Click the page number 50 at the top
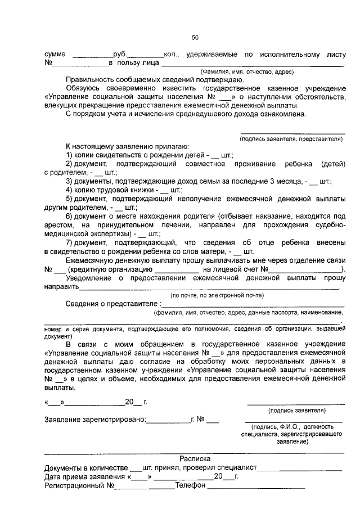pos(195,38)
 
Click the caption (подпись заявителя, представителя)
pos(291,138)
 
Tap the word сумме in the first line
pos(55,54)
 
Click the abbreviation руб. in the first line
pos(120,54)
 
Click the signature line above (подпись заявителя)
pos(296,404)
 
